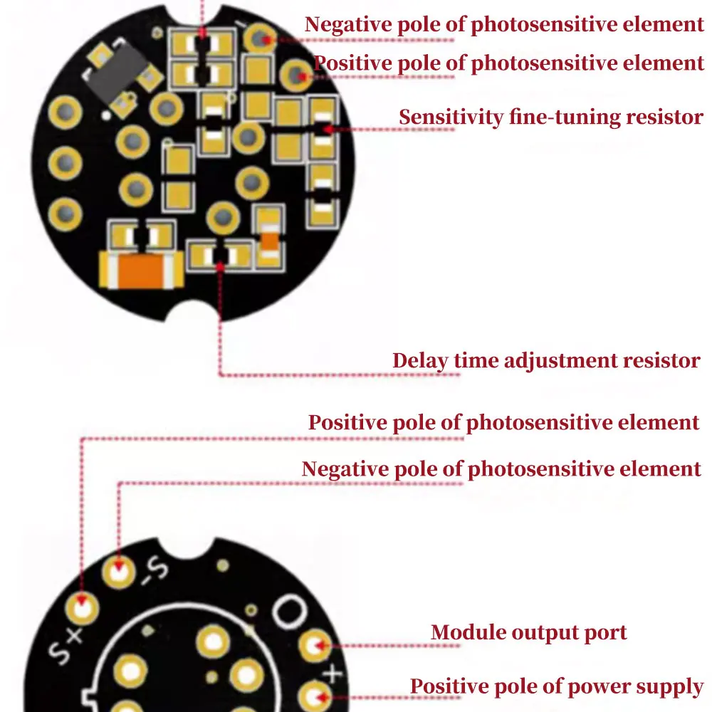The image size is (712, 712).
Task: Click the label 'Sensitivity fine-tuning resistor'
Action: [550, 117]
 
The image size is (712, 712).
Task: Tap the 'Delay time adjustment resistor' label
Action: [546, 360]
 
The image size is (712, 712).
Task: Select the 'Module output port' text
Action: [529, 632]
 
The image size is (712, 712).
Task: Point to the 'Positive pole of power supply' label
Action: [557, 686]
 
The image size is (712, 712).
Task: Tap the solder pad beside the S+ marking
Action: [83, 609]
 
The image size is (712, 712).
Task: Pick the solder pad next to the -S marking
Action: [119, 570]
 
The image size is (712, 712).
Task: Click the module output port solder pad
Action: [313, 646]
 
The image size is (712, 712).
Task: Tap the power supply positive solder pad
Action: [313, 694]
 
